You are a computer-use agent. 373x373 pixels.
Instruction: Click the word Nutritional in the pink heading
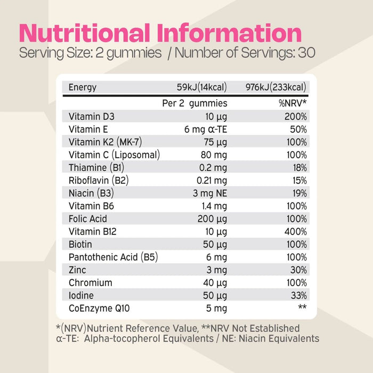click(84, 34)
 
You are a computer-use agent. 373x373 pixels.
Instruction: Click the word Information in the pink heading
click(230, 34)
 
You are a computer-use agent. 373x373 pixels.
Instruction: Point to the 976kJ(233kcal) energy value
click(275, 87)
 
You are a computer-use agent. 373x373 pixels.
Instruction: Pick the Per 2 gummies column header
click(194, 103)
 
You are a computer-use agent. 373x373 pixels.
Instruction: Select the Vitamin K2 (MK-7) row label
click(105, 142)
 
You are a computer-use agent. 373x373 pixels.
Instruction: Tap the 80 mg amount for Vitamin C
click(214, 155)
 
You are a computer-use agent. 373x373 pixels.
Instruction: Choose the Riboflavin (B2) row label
click(99, 181)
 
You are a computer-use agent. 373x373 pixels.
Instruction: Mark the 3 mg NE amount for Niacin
click(209, 193)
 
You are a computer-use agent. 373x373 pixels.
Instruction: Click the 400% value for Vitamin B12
click(295, 232)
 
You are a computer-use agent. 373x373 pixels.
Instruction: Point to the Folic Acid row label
click(88, 219)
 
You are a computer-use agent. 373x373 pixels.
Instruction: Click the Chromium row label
click(90, 283)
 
